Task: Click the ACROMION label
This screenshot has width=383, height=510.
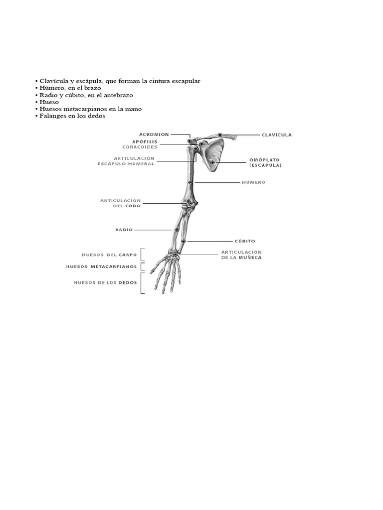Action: (x=154, y=134)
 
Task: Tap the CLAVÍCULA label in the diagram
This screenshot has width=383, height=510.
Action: (x=277, y=135)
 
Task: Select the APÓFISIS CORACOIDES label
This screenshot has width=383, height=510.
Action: (x=141, y=144)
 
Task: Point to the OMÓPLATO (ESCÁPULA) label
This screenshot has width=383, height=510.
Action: (x=265, y=163)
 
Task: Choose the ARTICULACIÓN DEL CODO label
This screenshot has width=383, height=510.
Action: (x=121, y=203)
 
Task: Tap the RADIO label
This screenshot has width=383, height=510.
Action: (x=124, y=230)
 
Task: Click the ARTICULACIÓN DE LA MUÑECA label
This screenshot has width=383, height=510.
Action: (x=241, y=255)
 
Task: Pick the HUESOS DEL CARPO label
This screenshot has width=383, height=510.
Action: (x=109, y=255)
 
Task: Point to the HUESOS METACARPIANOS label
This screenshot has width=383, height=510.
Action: (x=101, y=266)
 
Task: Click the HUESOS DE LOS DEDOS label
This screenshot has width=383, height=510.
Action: (x=105, y=282)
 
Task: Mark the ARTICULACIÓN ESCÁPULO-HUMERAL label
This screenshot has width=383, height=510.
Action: (x=127, y=161)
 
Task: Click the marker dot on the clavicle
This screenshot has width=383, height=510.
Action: (x=220, y=135)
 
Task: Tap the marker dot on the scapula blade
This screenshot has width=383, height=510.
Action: (x=212, y=162)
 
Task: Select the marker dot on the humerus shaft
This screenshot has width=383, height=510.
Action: (x=191, y=183)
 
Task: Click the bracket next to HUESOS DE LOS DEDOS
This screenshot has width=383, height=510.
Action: (x=143, y=283)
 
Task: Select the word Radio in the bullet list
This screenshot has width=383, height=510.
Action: (x=48, y=95)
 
